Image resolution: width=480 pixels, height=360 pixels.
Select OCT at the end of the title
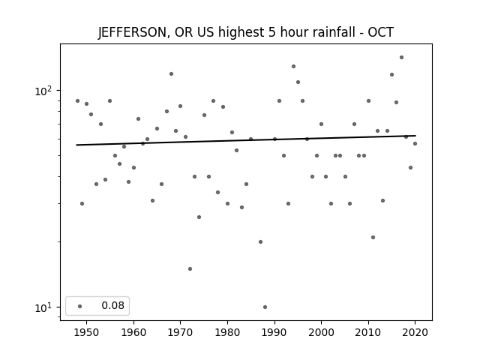tap(380, 32)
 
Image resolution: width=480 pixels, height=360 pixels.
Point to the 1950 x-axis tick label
tap(86, 332)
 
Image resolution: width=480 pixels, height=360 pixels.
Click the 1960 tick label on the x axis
tap(133, 332)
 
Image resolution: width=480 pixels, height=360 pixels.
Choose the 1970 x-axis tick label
tap(180, 332)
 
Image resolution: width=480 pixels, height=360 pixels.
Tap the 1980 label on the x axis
tap(227, 332)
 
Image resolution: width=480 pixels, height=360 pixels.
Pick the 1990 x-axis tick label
tap(274, 332)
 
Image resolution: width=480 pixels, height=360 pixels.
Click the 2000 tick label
tap(322, 332)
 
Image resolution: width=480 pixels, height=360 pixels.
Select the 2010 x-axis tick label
tap(368, 332)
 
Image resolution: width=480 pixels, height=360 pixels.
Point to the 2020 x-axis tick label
tap(415, 332)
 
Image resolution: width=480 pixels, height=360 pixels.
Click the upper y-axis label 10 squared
tap(43, 91)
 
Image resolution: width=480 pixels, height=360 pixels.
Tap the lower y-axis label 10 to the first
tap(43, 307)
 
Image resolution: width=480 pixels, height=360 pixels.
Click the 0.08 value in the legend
tap(113, 305)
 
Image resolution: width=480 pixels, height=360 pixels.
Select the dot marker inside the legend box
tap(80, 306)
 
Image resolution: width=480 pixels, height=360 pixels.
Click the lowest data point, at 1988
tap(265, 307)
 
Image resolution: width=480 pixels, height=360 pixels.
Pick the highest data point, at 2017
tap(402, 57)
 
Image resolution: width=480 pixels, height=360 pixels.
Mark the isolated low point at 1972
tap(190, 268)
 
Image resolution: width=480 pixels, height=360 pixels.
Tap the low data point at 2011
tap(373, 237)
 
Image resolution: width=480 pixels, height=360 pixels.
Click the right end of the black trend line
tap(415, 136)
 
